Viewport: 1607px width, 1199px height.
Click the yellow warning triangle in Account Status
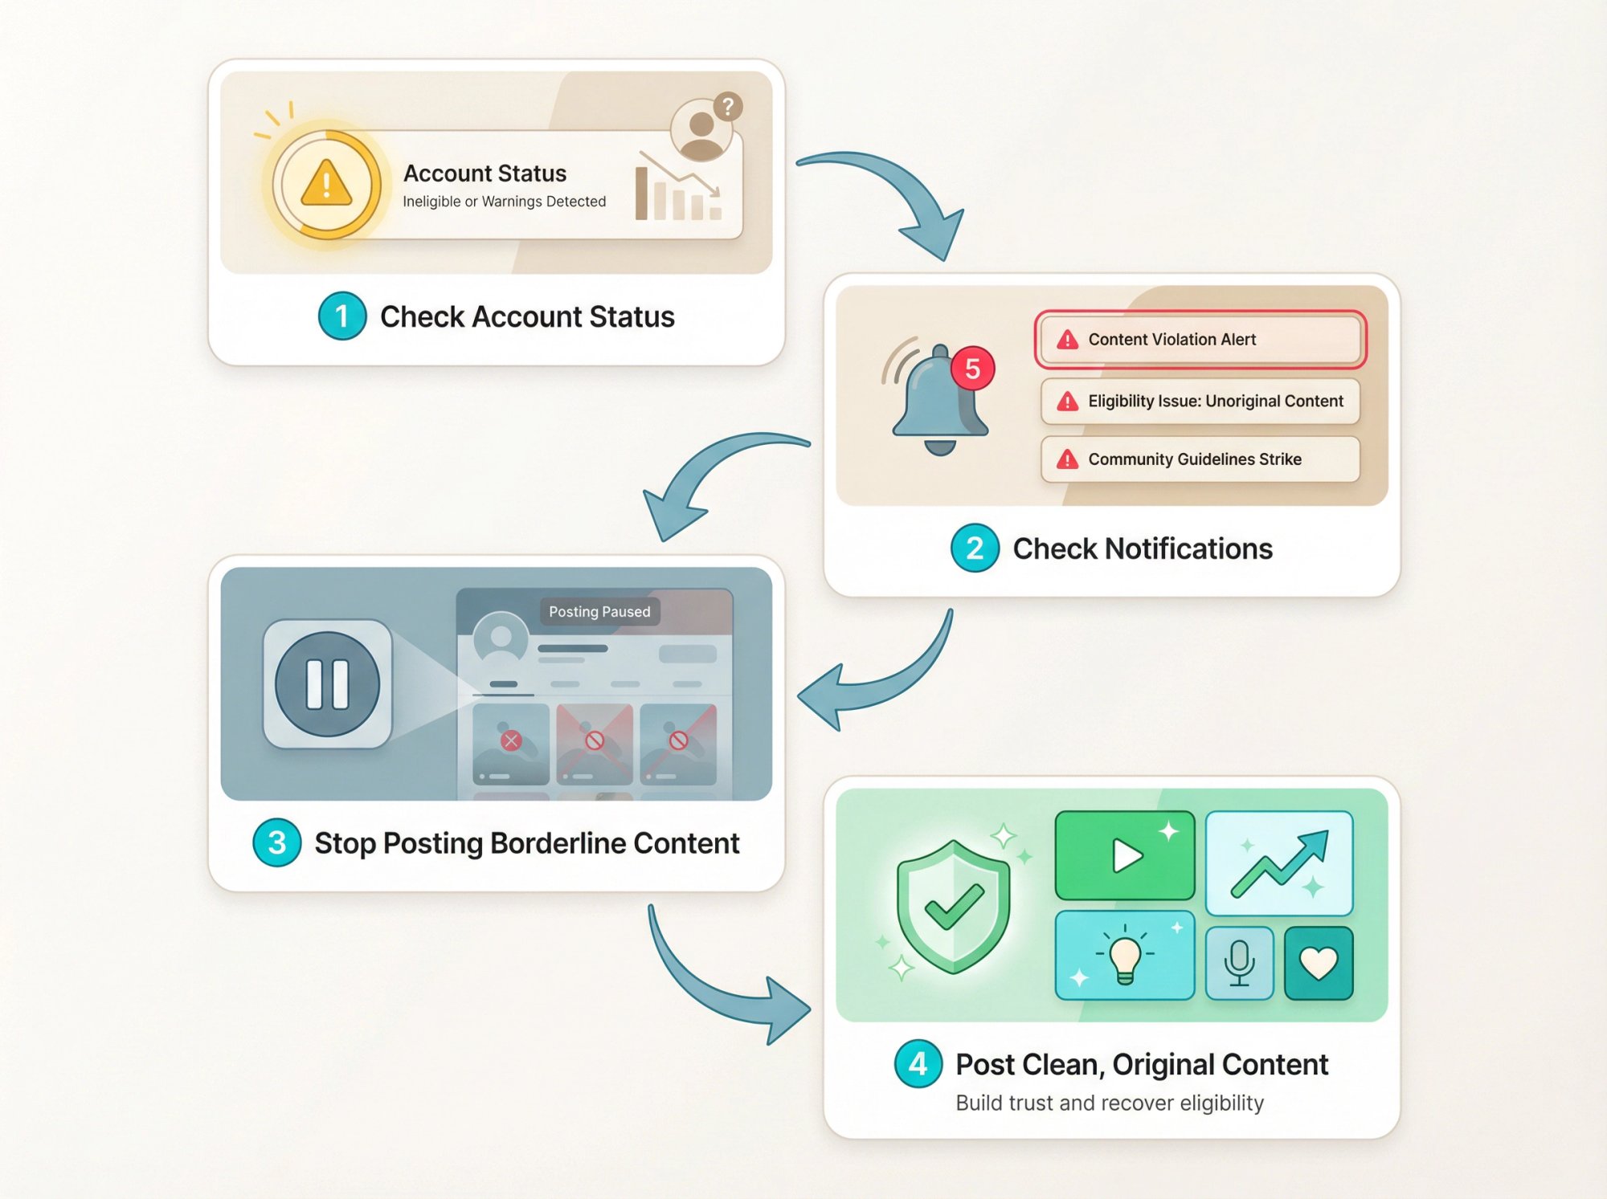pyautogui.click(x=326, y=184)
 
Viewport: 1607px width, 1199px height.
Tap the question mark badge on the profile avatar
pyautogui.click(x=727, y=106)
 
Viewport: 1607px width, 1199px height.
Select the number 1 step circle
pyautogui.click(x=342, y=316)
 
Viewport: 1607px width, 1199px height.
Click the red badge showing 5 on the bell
pyautogui.click(x=972, y=369)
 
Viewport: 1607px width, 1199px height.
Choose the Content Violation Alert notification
pyautogui.click(x=1200, y=340)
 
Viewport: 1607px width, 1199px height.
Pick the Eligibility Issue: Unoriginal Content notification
pyautogui.click(x=1200, y=401)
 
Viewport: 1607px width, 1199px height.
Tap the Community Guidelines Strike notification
pyautogui.click(x=1200, y=459)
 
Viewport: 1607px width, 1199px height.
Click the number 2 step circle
pyautogui.click(x=975, y=549)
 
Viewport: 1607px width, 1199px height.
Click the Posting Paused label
pyautogui.click(x=599, y=612)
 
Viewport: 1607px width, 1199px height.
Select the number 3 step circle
pyautogui.click(x=277, y=842)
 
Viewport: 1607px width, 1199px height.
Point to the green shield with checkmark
pyautogui.click(x=953, y=907)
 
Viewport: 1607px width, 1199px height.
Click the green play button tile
pyautogui.click(x=1124, y=855)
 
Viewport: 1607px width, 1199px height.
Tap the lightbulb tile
pyautogui.click(x=1124, y=956)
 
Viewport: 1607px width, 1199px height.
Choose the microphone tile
pyautogui.click(x=1239, y=963)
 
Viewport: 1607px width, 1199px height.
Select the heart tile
pyautogui.click(x=1319, y=963)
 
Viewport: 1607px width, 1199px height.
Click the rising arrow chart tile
pyautogui.click(x=1279, y=863)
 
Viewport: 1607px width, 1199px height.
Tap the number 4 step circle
pyautogui.click(x=918, y=1064)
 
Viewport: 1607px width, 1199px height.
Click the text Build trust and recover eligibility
pyautogui.click(x=1110, y=1103)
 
